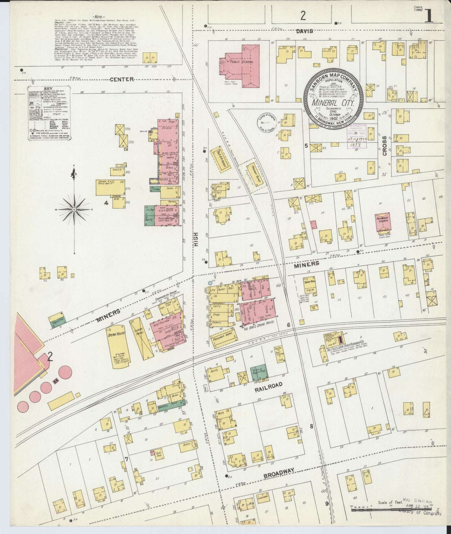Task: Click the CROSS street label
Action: point(385,146)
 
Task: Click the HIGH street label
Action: point(196,240)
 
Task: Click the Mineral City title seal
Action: point(333,96)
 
